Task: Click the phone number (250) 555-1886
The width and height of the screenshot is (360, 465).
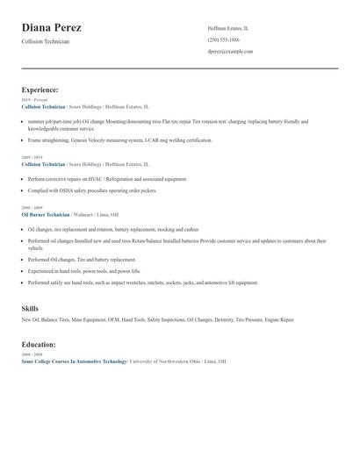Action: [223, 39]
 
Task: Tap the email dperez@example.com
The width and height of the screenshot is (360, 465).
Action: [230, 52]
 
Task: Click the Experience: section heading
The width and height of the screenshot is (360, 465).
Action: [40, 89]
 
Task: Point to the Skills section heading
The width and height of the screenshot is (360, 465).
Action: [30, 309]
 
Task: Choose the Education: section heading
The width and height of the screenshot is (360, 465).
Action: [39, 345]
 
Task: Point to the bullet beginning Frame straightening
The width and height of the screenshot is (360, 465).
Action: [119, 139]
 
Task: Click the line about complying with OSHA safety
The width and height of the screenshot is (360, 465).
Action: [92, 190]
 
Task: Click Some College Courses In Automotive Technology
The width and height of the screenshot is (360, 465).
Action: [74, 361]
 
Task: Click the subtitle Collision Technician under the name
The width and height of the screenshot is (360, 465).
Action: [45, 42]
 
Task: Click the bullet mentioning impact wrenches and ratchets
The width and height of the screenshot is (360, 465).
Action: [142, 283]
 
